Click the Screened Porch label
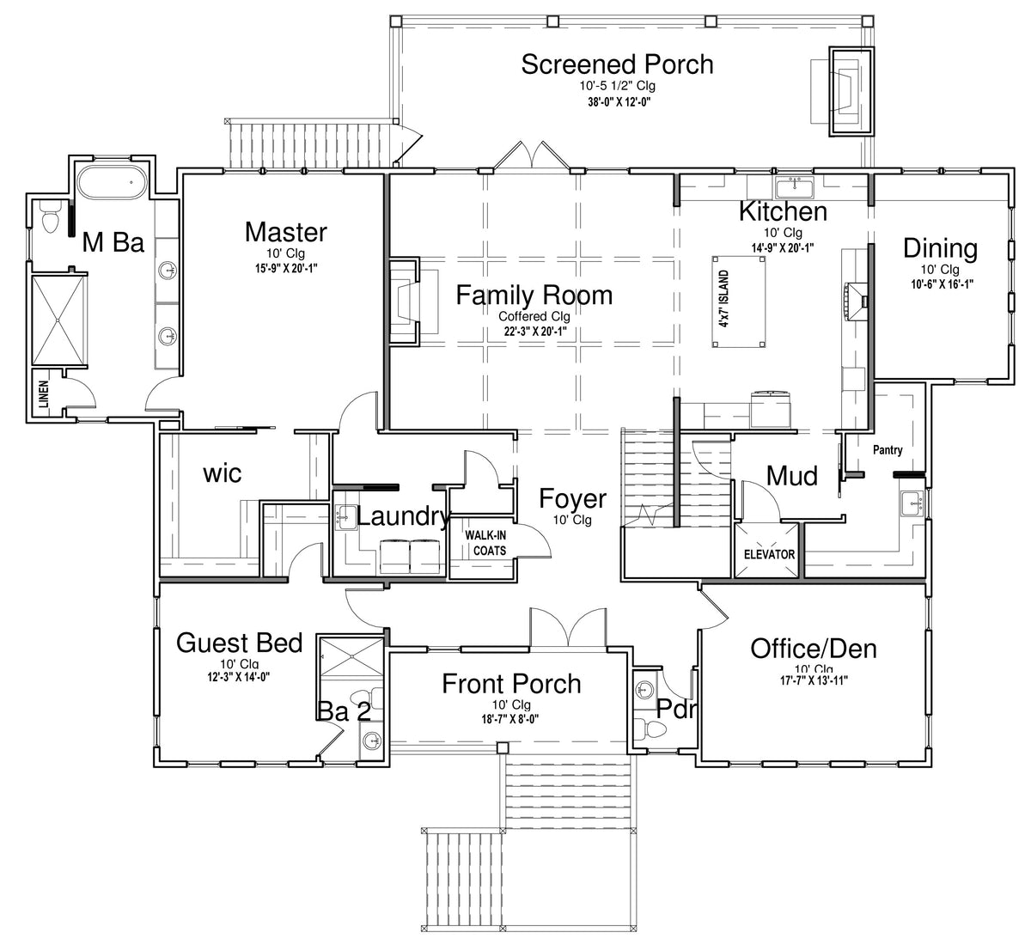click(617, 65)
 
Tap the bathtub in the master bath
click(112, 181)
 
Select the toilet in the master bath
click(51, 218)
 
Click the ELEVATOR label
click(769, 554)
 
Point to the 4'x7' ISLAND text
click(724, 298)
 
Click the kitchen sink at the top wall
click(795, 187)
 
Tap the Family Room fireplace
click(405, 301)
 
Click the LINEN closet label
click(44, 393)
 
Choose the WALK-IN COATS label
click(486, 543)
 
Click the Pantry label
click(888, 450)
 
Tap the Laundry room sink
click(345, 517)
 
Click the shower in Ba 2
click(351, 657)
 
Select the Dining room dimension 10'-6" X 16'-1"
click(942, 284)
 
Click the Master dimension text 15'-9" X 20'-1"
click(285, 268)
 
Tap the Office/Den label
click(814, 649)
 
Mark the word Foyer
click(572, 499)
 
